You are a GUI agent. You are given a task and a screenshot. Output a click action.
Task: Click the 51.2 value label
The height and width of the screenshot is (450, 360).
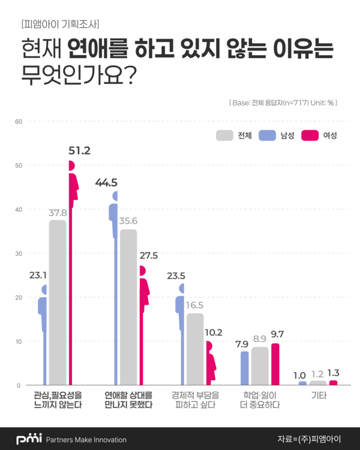pos(79,151)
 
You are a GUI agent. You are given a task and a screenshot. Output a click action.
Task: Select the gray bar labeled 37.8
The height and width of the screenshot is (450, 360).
pos(58,302)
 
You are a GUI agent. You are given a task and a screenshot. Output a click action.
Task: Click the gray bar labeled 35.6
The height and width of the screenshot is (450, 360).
pos(128,307)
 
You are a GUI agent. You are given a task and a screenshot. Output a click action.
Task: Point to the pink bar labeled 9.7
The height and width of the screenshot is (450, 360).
pos(275,364)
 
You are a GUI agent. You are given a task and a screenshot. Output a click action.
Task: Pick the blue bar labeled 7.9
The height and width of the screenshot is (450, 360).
pos(245,368)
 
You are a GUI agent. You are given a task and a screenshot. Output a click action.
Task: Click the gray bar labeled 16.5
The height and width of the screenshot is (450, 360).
pos(195,349)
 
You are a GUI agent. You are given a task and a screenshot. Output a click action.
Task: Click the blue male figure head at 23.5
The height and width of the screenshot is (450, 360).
pos(182,289)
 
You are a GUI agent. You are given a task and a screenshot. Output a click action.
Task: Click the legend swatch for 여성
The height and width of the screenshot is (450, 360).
pos(310,136)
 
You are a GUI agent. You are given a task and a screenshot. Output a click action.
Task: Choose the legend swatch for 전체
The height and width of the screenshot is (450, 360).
pos(224,136)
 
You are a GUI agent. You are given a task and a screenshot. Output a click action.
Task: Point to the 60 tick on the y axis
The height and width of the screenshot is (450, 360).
pos(18,122)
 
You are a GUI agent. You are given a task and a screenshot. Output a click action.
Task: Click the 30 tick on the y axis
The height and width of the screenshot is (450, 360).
pos(18,254)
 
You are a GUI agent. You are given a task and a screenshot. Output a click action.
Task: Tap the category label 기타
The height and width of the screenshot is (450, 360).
pos(318,396)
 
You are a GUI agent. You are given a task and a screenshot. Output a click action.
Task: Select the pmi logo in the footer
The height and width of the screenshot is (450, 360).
pos(28,439)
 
